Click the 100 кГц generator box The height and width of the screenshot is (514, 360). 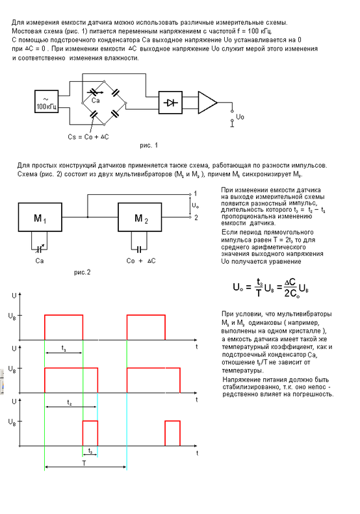(x=47, y=101)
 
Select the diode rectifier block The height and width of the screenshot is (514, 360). (x=170, y=103)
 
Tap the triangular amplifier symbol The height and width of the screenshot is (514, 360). (x=207, y=103)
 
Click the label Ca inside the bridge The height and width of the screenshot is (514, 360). (x=96, y=101)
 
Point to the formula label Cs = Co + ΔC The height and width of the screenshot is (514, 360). (x=88, y=137)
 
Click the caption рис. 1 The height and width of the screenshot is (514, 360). (x=149, y=145)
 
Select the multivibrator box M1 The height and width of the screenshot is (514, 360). (x=40, y=217)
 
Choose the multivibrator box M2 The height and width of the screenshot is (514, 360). (x=140, y=217)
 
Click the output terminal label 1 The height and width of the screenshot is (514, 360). (x=196, y=194)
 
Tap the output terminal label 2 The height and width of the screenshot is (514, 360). (x=196, y=218)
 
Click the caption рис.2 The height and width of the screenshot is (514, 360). (x=82, y=272)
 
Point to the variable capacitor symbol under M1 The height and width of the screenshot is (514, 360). (x=40, y=249)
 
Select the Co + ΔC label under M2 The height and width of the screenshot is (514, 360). (x=141, y=261)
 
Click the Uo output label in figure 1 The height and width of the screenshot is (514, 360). (x=240, y=117)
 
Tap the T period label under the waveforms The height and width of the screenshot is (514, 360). (x=84, y=463)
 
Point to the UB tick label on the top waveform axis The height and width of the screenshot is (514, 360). (x=12, y=316)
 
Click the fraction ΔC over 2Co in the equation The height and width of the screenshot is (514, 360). (x=290, y=288)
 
